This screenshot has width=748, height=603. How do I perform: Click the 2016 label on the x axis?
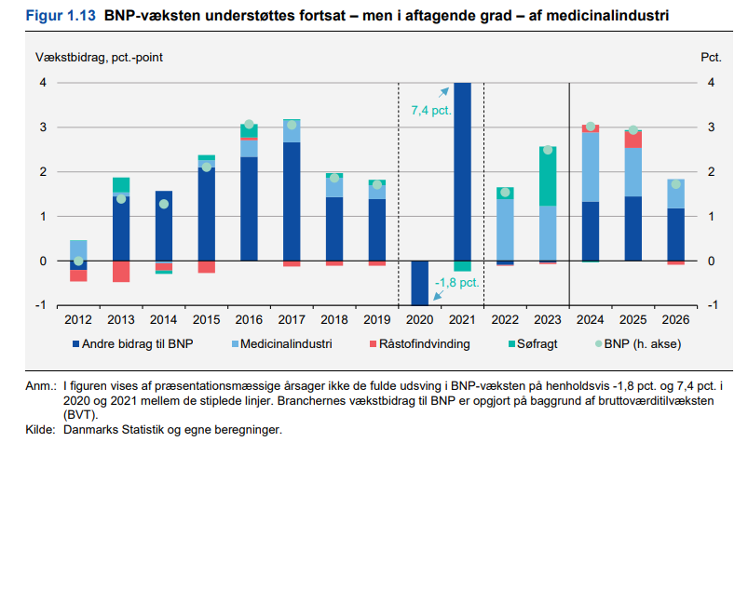point(249,319)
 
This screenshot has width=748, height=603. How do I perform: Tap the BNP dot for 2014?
point(164,204)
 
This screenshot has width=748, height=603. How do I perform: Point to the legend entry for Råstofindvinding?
point(418,344)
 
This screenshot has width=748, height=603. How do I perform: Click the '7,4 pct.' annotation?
point(431,111)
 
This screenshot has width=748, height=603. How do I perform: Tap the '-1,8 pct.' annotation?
point(456,282)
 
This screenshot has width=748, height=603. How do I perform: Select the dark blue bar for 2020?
point(420,283)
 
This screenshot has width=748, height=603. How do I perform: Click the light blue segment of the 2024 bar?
point(591,167)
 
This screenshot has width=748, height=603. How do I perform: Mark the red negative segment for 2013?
point(121,271)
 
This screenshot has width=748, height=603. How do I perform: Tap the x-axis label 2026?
point(675,319)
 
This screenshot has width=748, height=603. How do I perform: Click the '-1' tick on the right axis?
point(712,305)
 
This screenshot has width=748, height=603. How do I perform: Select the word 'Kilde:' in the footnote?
point(42,430)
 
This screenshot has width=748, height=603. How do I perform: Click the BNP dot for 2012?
point(78,261)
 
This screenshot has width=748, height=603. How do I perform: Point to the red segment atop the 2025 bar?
point(632,139)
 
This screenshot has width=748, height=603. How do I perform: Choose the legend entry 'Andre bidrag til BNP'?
point(136,344)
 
